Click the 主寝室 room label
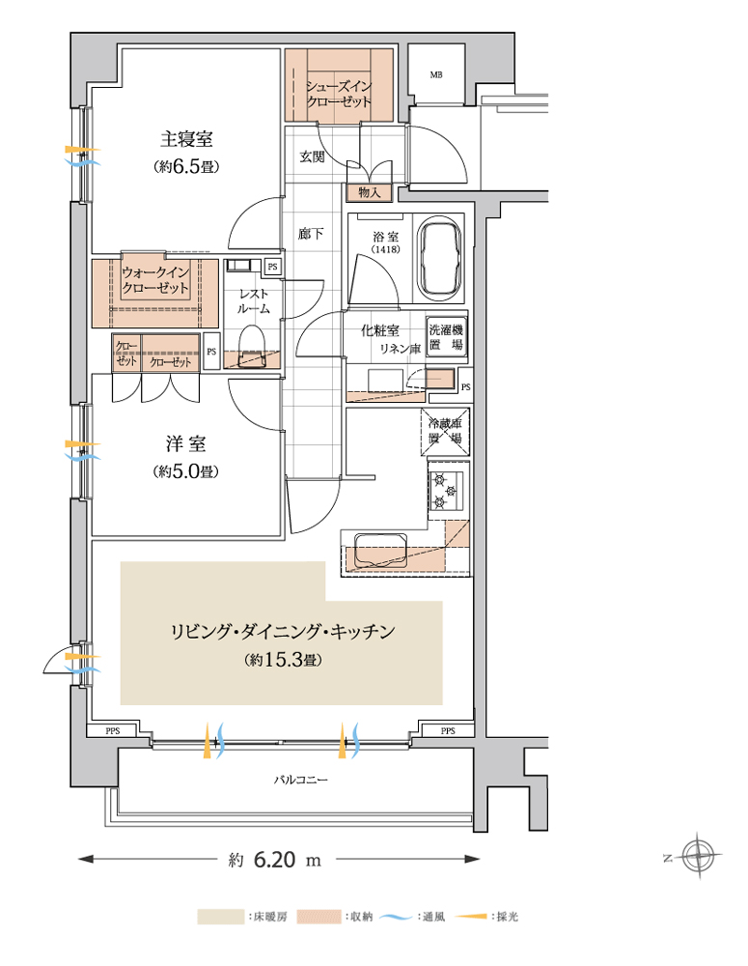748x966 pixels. pos(186,139)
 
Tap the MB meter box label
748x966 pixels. pos(436,75)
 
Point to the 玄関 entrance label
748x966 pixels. pos(312,157)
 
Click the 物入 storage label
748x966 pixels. pos(370,193)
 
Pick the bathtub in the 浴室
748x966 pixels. pos(439,259)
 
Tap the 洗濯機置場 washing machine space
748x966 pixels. pos(446,336)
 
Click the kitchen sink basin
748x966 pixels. pos(380,551)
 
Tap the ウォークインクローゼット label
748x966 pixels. pos(155,280)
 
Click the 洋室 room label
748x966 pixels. pos(185,443)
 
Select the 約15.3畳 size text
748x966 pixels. pos(283,660)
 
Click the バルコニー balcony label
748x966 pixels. pos(300,780)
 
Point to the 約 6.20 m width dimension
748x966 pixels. pos(275,860)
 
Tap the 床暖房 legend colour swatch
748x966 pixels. pos(220,917)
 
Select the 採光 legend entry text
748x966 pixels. pos(508,917)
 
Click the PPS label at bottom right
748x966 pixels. pos(448,730)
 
